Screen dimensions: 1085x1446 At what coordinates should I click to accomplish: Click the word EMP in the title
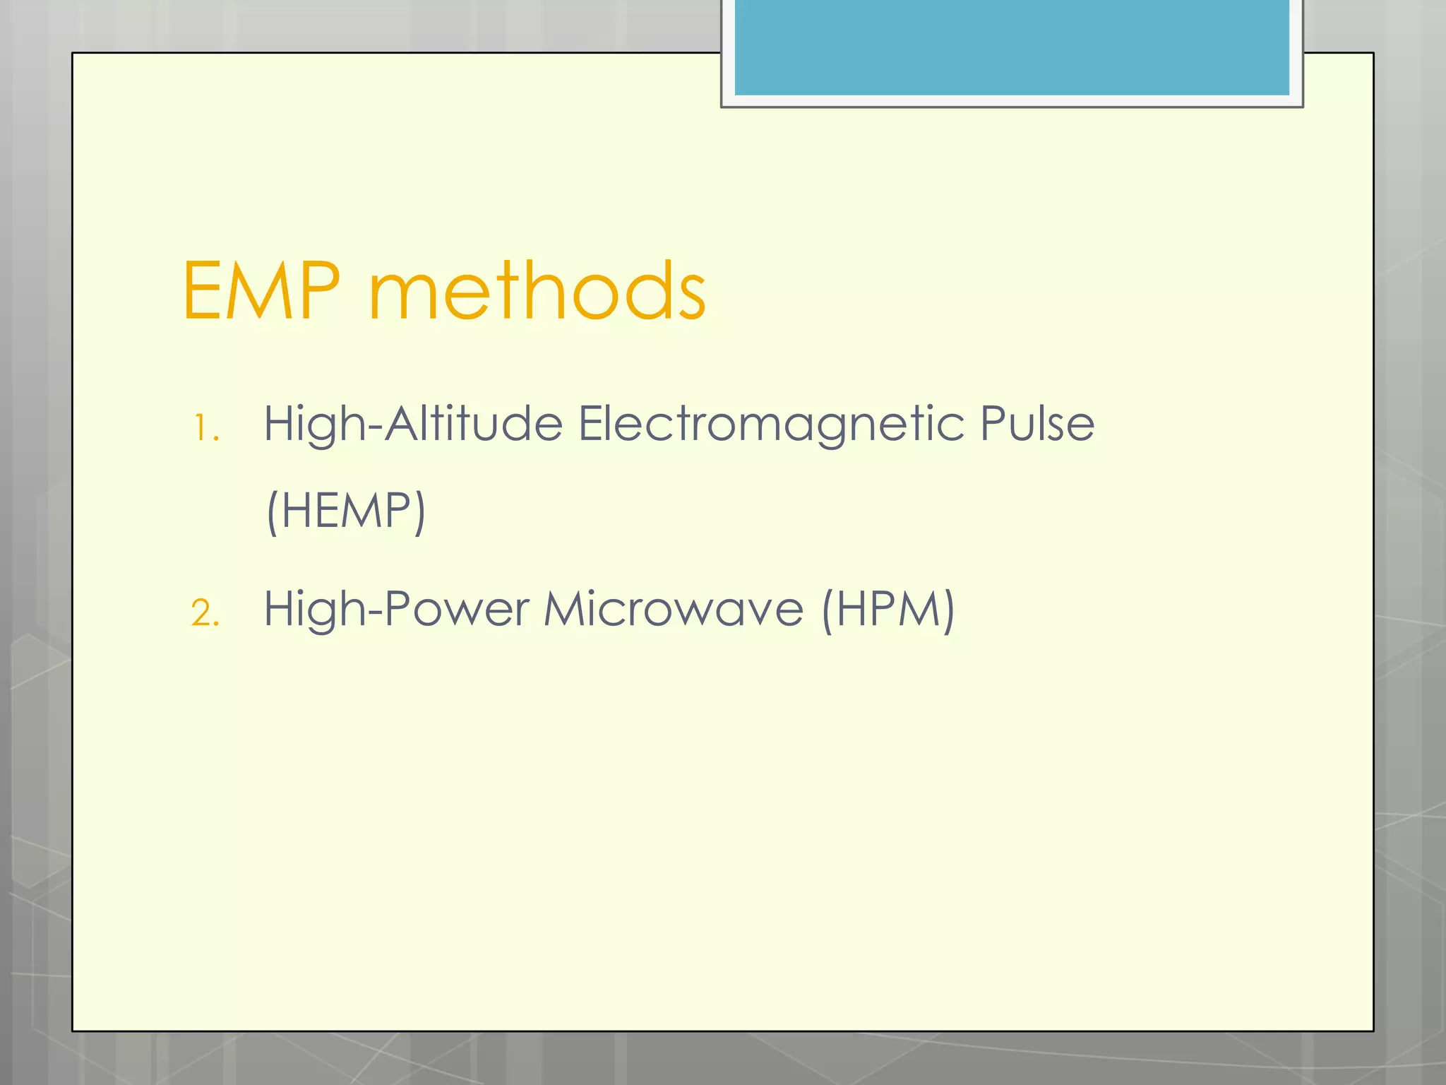pos(261,290)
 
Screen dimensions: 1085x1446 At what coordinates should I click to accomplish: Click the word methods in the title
pos(537,290)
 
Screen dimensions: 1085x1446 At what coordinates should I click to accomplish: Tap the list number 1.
pos(205,428)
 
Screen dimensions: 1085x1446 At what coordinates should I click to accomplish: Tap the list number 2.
pos(205,612)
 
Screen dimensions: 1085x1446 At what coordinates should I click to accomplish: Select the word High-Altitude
pos(413,425)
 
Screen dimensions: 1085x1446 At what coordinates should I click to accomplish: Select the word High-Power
pos(396,609)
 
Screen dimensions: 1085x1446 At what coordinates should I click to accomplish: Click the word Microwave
pos(674,609)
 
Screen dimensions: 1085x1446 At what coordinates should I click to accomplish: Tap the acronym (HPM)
pos(888,609)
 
